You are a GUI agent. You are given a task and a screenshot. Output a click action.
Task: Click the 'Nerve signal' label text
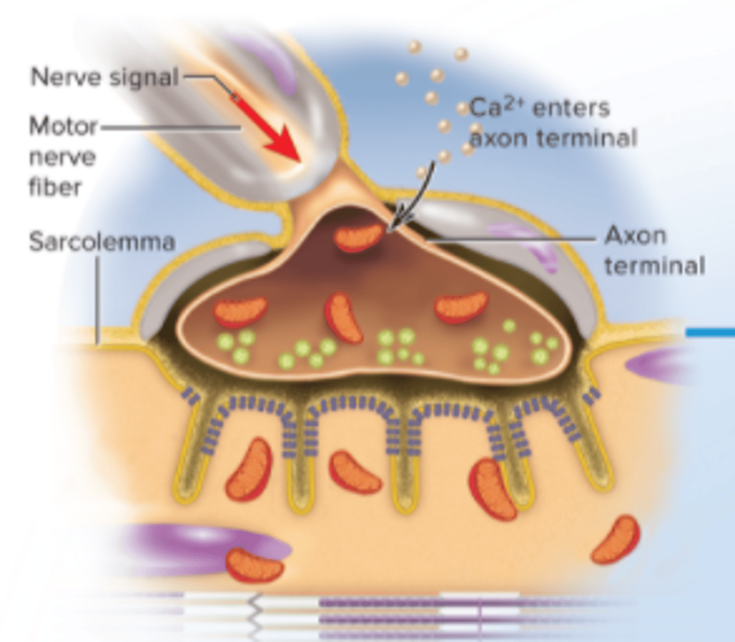104,77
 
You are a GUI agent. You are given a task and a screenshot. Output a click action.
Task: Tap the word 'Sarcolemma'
102,241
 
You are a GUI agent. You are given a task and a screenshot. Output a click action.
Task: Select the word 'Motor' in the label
63,127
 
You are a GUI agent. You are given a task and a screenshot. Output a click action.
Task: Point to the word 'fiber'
55,187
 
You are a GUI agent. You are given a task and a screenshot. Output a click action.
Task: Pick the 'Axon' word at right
635,236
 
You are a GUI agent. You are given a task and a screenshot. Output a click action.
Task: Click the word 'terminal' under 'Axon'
655,266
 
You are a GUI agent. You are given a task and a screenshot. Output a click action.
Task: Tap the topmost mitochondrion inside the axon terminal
359,238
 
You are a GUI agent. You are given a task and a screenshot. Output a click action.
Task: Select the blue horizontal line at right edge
710,332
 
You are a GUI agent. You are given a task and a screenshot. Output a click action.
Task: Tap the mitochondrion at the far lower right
616,540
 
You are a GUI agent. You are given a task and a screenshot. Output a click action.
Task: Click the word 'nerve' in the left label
63,157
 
